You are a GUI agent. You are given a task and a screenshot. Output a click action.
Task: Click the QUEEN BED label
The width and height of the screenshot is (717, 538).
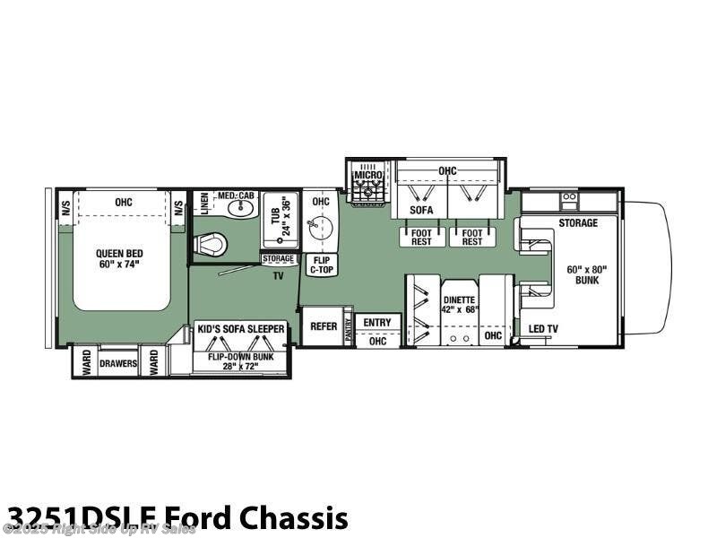[x=120, y=259]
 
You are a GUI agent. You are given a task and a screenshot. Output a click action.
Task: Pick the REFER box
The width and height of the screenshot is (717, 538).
[x=323, y=326]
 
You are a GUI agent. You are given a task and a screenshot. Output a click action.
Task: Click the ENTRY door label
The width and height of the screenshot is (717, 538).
[x=377, y=322]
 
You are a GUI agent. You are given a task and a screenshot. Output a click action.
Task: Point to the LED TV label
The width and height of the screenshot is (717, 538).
[x=543, y=329]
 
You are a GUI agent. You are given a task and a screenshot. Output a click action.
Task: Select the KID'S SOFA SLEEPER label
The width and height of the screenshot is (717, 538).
[x=241, y=329]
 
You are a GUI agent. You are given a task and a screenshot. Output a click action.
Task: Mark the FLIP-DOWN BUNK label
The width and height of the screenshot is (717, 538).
[x=241, y=358]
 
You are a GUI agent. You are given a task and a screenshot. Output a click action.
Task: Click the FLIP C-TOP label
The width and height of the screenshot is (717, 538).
[x=321, y=264]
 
